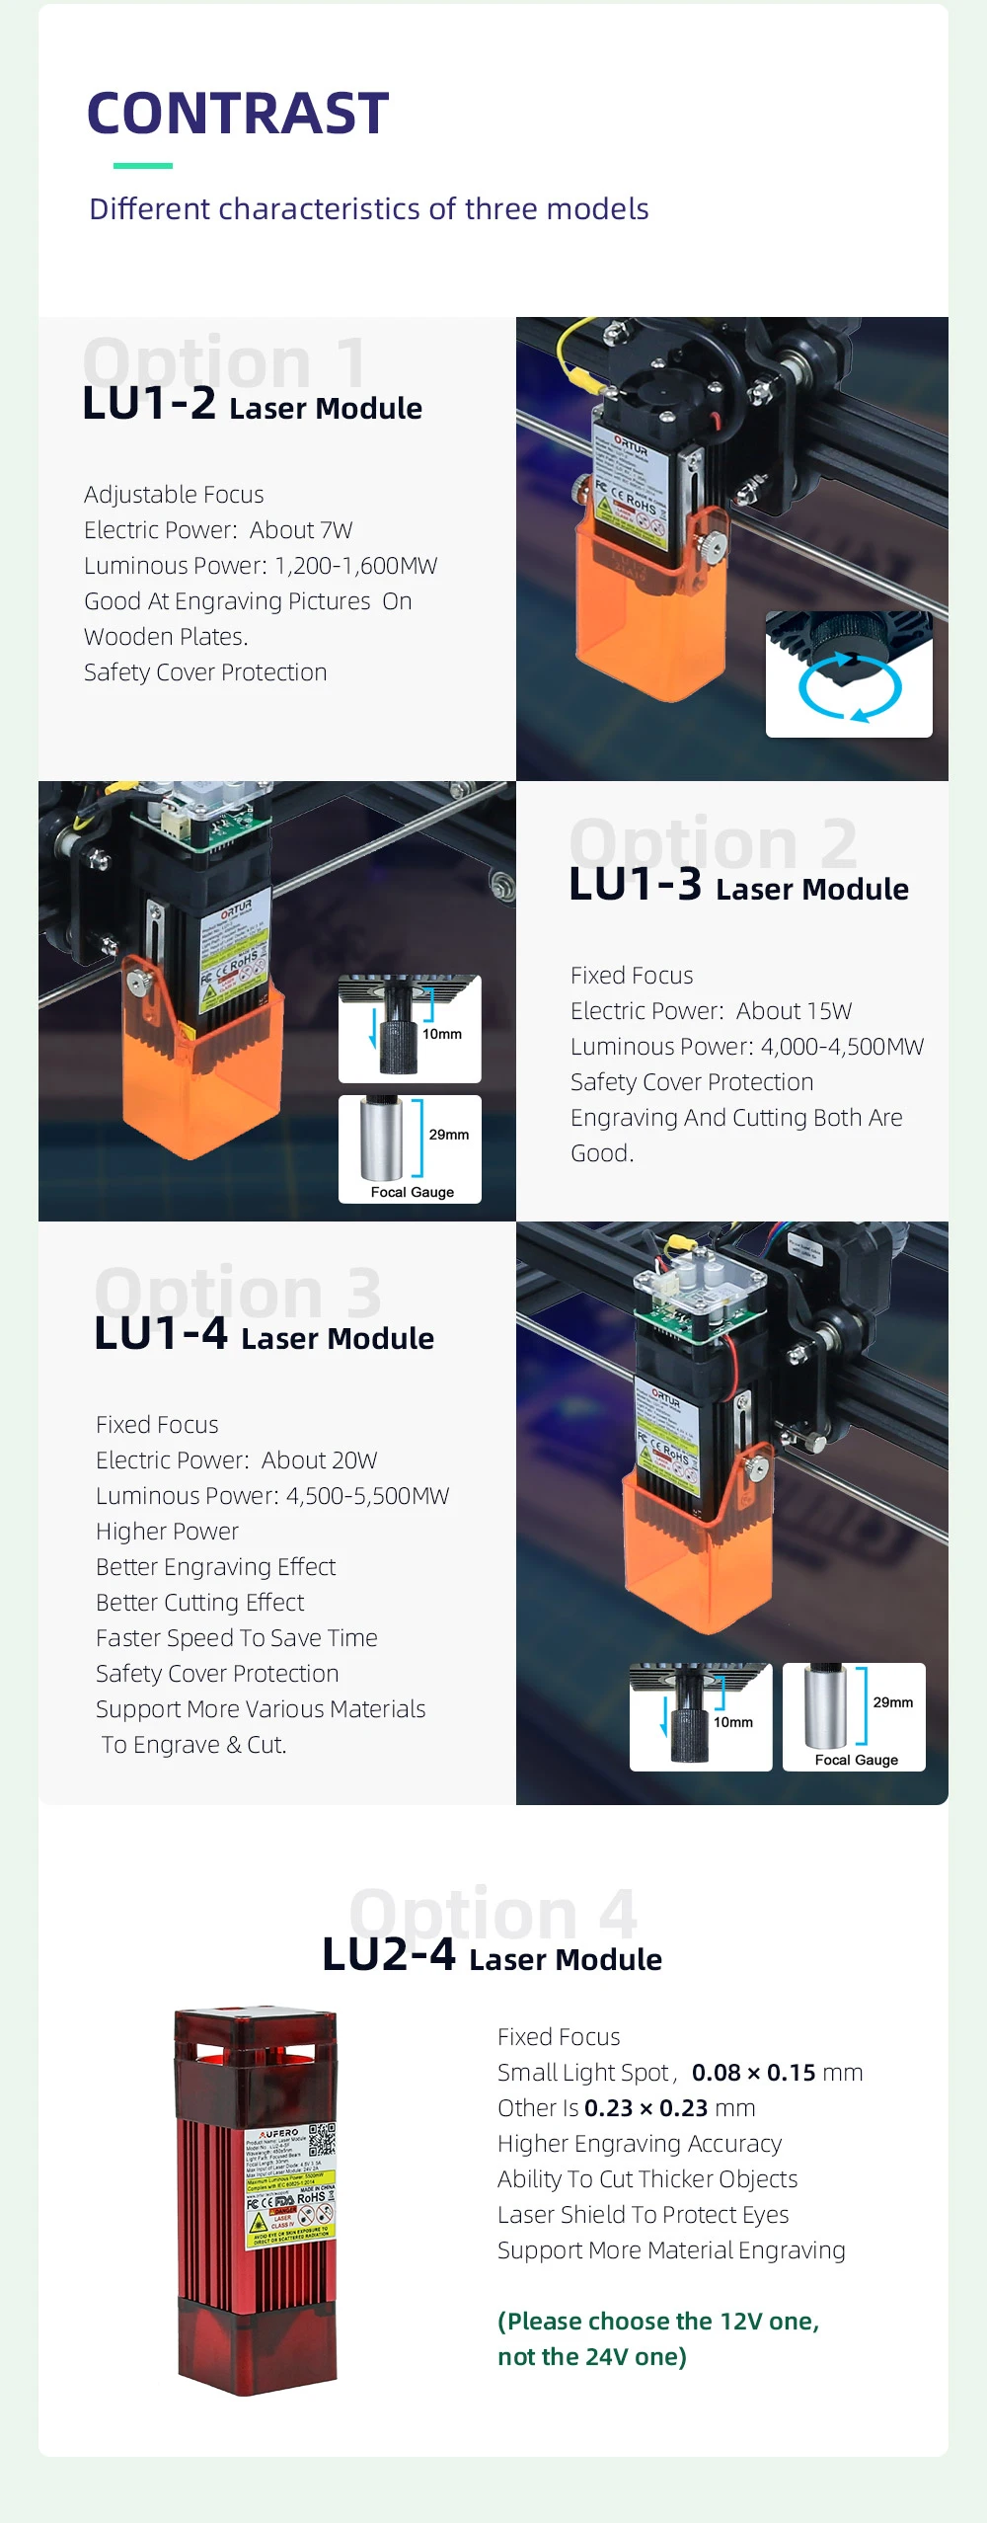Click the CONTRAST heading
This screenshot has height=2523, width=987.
pos(238,113)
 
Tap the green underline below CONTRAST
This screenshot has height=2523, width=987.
pos(143,166)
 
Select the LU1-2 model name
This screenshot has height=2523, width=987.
pos(149,404)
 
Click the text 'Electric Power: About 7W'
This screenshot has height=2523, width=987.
pos(218,530)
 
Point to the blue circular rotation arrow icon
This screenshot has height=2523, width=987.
pos(849,686)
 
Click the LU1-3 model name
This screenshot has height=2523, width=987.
pos(636,885)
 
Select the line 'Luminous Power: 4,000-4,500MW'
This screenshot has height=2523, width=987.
pos(747,1047)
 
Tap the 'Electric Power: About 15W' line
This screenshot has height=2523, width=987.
pos(711,1011)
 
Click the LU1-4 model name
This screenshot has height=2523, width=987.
pos(161,1334)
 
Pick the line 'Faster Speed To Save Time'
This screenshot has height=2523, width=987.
pos(237,1638)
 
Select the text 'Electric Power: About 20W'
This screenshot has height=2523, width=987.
pos(237,1460)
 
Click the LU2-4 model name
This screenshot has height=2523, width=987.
pos(389,1955)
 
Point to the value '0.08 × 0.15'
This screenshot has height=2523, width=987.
pos(753,2073)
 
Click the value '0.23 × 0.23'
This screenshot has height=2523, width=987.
pos(645,2108)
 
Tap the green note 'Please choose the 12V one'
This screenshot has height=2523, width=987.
pos(658,2322)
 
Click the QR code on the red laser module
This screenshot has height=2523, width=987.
pos(322,2140)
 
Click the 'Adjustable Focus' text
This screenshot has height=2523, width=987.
pos(174,495)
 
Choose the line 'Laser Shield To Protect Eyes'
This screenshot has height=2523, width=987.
pos(643,2215)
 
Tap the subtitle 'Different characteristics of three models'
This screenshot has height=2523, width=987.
pos(368,209)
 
